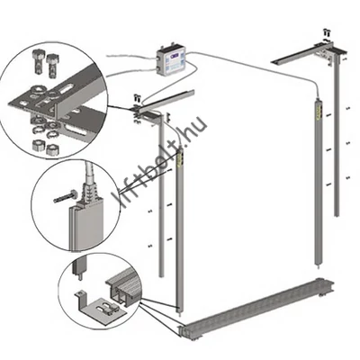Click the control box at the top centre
(x=172, y=60)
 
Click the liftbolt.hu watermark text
(x=159, y=162)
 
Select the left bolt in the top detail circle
(x=39, y=62)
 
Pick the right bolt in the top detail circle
(x=51, y=66)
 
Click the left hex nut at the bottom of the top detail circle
(x=39, y=145)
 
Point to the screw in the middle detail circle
(x=66, y=196)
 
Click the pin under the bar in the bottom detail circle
(x=81, y=276)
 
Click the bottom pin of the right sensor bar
(x=318, y=265)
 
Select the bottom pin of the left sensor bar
(x=179, y=315)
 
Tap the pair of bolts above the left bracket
(x=137, y=97)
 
